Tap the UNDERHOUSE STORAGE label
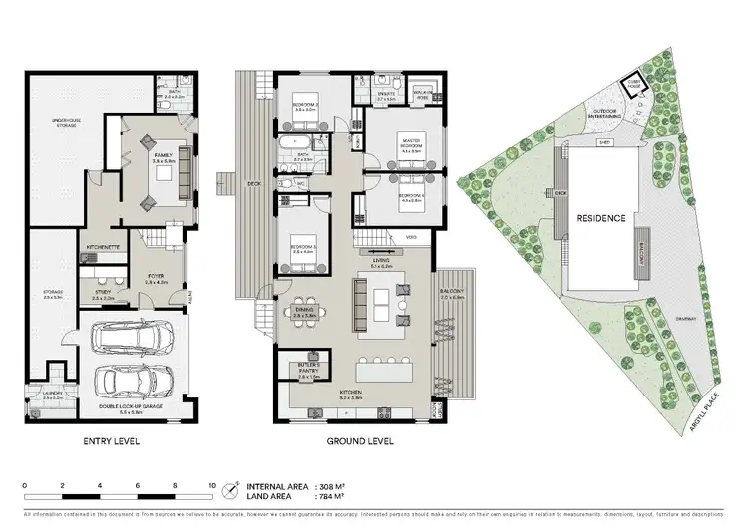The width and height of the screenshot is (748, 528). pos(66,122)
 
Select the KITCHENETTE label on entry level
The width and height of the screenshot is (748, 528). pos(104,245)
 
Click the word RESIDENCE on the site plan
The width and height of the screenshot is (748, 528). pos(599,218)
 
